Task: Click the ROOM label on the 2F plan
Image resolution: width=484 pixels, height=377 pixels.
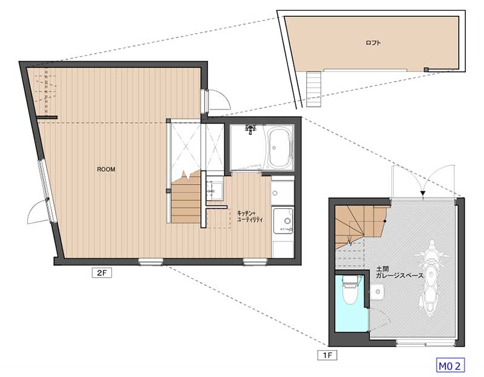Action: [106, 169]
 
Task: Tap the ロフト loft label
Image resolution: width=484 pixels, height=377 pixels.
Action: [373, 42]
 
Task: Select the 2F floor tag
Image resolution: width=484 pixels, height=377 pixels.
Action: [102, 273]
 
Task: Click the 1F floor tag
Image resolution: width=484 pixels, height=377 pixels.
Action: [327, 355]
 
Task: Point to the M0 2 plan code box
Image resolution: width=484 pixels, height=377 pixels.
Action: [450, 366]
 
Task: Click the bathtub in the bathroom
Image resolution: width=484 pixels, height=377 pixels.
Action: [279, 148]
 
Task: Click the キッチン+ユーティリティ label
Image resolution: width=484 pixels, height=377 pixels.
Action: [250, 217]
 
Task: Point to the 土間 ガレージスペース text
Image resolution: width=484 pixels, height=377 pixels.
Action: [399, 273]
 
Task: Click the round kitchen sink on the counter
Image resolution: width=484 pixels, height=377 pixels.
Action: [287, 221]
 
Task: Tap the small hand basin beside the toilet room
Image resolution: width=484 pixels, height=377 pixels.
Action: [378, 292]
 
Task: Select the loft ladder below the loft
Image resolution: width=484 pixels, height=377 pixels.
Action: [314, 89]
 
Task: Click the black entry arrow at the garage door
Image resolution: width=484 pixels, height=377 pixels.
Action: [423, 193]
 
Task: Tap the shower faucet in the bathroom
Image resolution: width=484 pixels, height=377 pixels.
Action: [250, 129]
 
